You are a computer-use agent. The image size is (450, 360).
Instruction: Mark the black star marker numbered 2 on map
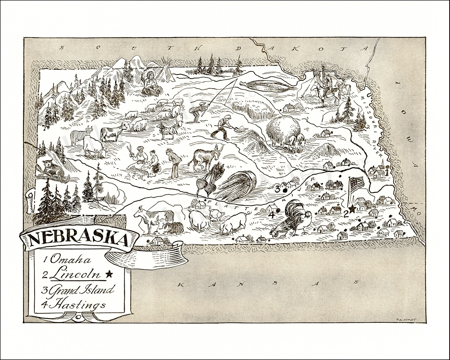click(352, 209)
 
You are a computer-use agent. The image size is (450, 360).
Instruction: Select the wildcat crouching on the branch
click(51, 169)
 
